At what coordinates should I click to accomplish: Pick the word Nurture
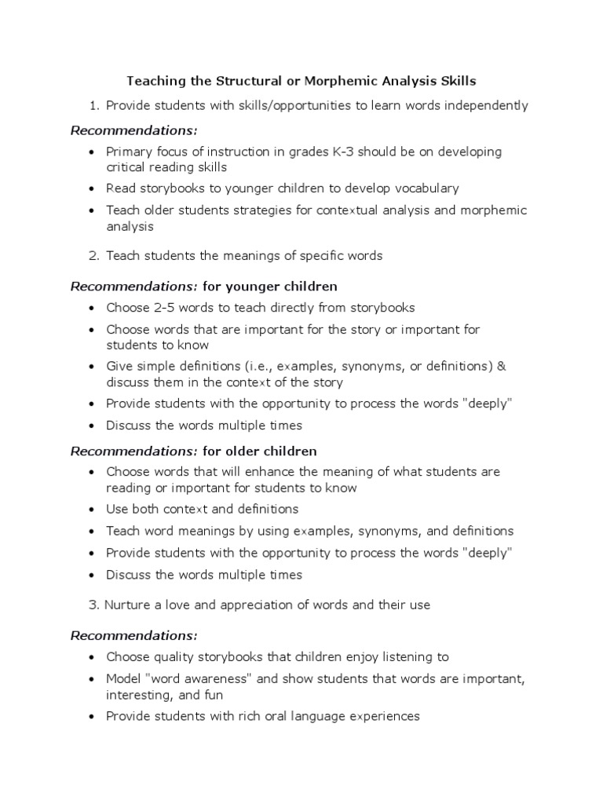[130, 605]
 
